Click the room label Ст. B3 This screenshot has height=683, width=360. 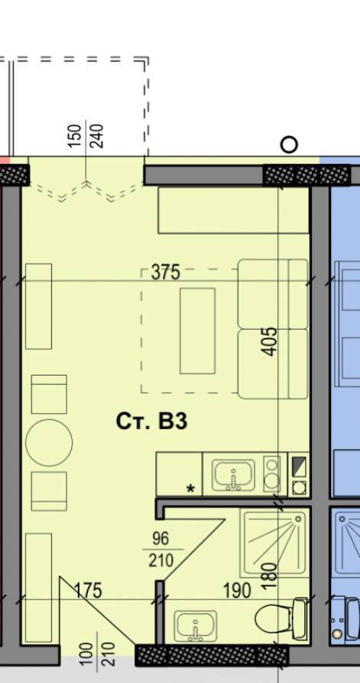151,421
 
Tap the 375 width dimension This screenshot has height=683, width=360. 165,272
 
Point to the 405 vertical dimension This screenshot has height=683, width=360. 270,342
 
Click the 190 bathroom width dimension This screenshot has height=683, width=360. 237,590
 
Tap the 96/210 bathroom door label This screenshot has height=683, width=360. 161,549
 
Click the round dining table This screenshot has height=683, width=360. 49,441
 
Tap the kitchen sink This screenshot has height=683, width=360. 231,475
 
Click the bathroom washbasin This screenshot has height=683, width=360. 196,626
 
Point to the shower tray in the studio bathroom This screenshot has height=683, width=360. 274,542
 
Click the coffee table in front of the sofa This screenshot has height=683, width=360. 197,330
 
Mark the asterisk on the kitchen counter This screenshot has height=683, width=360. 190,488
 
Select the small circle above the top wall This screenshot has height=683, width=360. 289,144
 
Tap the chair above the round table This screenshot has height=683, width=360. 49,394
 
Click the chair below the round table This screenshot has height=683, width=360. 49,491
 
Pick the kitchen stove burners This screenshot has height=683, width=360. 271,473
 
